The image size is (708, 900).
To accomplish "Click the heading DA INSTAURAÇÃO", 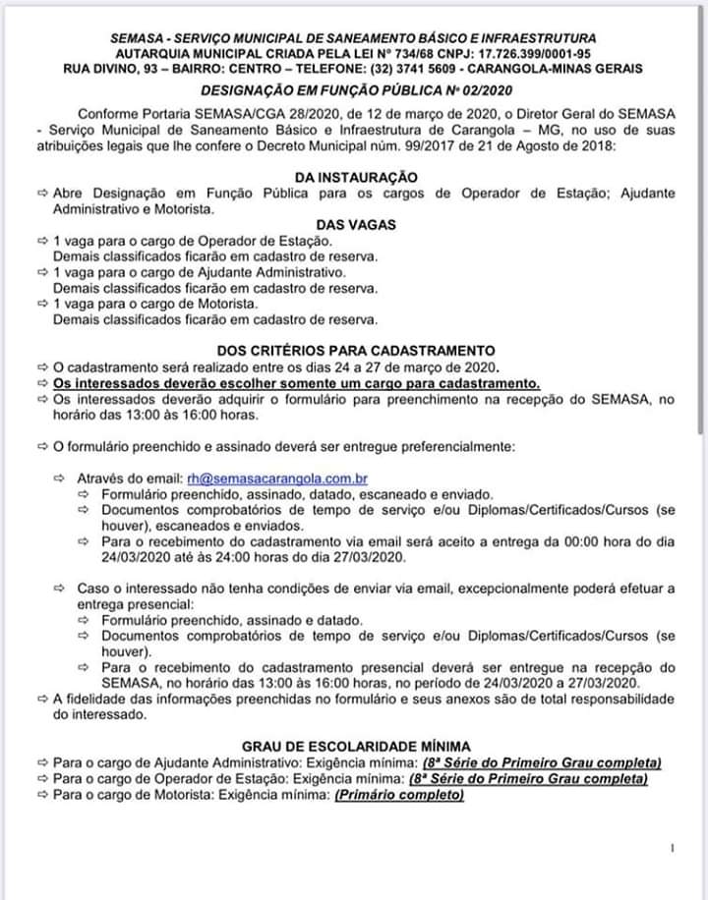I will tap(354, 177).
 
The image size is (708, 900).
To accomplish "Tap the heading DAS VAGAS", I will tap(355, 224).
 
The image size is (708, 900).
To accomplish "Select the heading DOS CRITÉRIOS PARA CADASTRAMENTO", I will tap(355, 350).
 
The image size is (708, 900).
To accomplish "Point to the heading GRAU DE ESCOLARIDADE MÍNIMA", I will tap(355, 747).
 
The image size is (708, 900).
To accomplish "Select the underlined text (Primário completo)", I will tap(399, 794).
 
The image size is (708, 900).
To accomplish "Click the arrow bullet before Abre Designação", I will tap(41, 193).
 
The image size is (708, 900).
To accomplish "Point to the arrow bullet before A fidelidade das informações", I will tap(41, 699).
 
